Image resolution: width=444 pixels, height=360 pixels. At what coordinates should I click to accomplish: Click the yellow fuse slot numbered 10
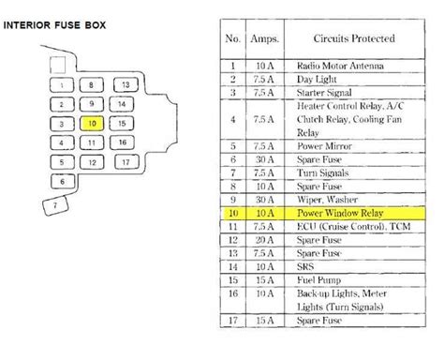[92, 124]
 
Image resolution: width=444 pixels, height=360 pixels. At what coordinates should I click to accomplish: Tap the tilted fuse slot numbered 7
[55, 205]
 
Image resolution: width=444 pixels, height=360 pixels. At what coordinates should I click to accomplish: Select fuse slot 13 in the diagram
[126, 84]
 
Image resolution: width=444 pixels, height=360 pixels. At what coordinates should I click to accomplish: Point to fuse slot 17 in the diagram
[126, 162]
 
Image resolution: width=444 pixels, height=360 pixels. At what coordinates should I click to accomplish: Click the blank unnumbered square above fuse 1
[58, 65]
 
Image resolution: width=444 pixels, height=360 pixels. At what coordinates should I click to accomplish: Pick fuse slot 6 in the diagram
[63, 182]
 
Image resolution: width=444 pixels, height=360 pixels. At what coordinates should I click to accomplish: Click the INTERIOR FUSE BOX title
[54, 25]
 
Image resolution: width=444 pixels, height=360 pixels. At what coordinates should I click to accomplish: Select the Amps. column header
[265, 38]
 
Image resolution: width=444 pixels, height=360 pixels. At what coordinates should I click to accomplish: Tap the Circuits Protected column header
[354, 38]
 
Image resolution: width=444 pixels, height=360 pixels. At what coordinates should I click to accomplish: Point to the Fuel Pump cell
[318, 280]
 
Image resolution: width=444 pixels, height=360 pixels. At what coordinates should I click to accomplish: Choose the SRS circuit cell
[305, 266]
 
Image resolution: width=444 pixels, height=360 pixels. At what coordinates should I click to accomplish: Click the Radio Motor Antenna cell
[340, 66]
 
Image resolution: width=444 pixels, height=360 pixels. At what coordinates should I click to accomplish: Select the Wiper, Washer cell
[327, 200]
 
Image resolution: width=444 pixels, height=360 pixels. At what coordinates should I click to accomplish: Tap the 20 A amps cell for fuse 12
[265, 240]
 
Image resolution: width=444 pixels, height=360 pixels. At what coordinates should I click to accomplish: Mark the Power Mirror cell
[324, 146]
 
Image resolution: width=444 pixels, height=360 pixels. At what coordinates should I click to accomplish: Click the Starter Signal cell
[324, 93]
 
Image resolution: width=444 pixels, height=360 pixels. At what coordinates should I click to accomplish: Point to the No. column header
[232, 38]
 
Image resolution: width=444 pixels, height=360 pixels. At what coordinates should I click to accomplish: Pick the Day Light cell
[317, 79]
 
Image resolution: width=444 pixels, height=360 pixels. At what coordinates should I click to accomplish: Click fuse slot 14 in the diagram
[122, 104]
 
